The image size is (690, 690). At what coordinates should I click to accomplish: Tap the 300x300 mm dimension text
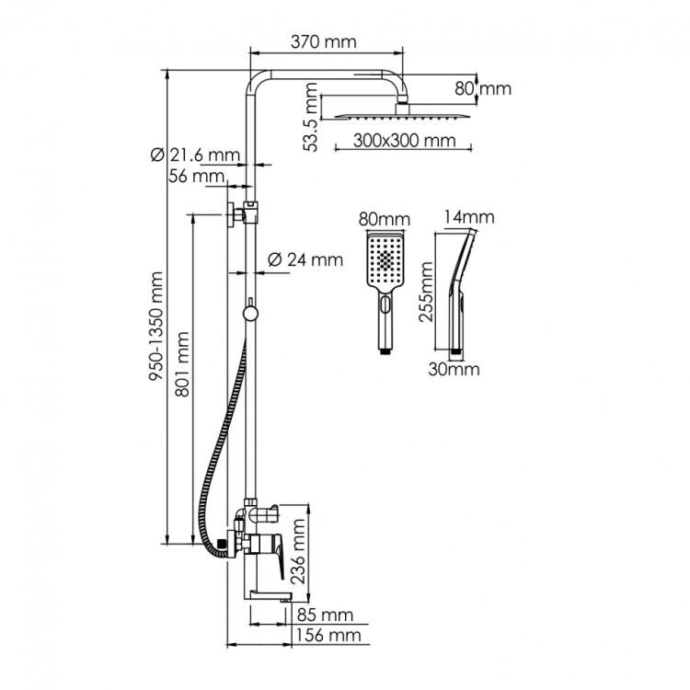tap(405, 142)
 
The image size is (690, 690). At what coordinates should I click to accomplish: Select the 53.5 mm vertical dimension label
tap(314, 115)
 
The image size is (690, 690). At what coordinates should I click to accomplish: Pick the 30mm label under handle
tap(454, 370)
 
